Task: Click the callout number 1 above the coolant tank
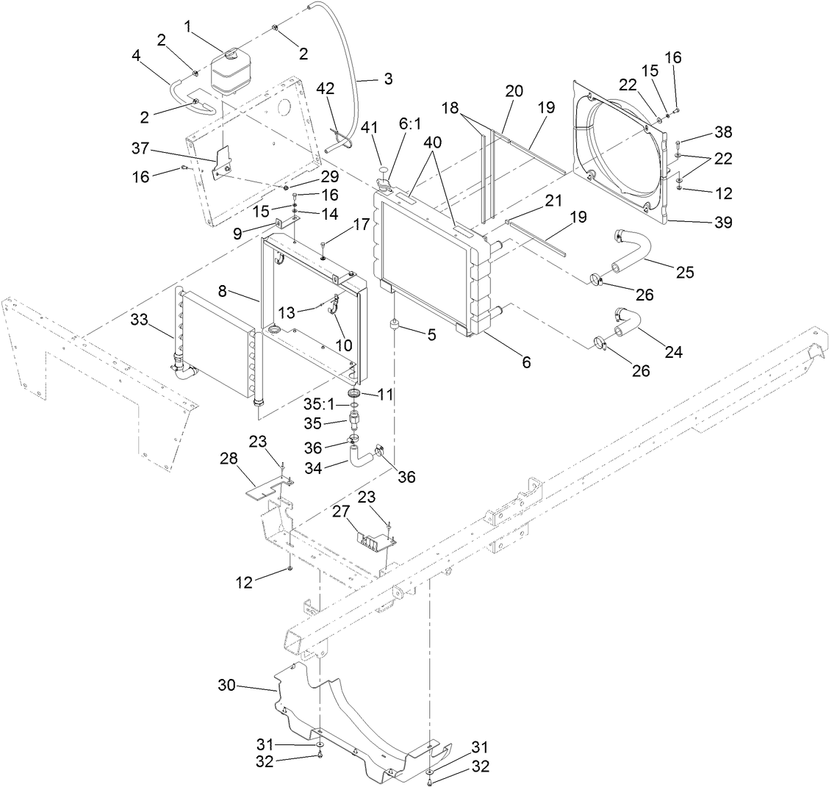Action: (x=188, y=26)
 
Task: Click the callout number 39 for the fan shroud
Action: (x=723, y=223)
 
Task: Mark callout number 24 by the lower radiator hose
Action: (x=674, y=352)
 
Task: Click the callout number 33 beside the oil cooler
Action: (x=139, y=320)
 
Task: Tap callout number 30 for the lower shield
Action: (x=227, y=686)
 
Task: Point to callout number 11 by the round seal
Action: (x=386, y=395)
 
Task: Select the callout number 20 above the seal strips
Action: (x=514, y=90)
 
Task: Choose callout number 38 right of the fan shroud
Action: (x=723, y=133)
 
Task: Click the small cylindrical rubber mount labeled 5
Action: (x=395, y=324)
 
